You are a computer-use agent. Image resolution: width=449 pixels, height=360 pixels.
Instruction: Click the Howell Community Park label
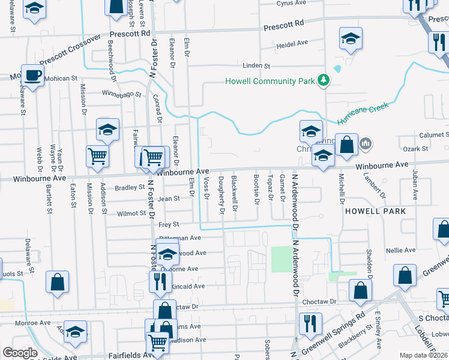[x=270, y=81]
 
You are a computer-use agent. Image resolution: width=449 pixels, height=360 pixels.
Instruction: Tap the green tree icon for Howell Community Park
[x=324, y=80]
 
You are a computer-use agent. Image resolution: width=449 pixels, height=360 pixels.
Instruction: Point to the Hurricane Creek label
[x=363, y=113]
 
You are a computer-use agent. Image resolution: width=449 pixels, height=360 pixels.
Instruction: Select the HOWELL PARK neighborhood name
[x=376, y=211]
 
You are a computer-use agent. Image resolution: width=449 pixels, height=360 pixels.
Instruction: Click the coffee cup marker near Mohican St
[x=33, y=76]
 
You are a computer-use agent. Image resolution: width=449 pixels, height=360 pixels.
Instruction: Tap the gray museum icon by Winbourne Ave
[x=366, y=143]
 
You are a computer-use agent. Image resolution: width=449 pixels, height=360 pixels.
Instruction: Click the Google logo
[x=20, y=353]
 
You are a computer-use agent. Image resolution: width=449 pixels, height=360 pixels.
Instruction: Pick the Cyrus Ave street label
[x=292, y=4]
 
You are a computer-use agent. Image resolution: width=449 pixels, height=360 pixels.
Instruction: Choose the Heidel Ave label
[x=292, y=43]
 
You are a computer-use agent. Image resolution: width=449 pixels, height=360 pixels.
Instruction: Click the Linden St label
[x=257, y=66]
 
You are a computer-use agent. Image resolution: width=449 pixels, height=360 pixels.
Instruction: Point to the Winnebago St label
[x=121, y=94]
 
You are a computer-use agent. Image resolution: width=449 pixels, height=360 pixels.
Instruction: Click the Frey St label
[x=169, y=224]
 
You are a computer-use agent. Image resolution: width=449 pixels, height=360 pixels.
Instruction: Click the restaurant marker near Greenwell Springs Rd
[x=309, y=323]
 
